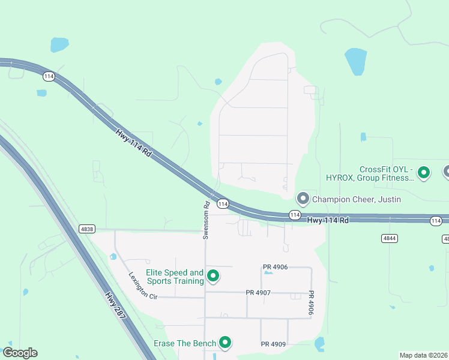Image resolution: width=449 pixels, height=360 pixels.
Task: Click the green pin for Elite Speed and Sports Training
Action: point(212,276)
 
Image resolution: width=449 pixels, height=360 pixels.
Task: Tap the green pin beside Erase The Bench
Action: point(226,343)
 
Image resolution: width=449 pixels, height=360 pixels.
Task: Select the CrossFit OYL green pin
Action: point(424,173)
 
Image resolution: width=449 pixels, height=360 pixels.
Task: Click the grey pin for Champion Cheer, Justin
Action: point(303,198)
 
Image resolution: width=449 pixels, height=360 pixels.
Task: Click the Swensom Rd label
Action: point(206,220)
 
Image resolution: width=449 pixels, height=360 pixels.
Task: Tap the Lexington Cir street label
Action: point(142,286)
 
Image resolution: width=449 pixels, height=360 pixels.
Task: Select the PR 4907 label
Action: point(258,293)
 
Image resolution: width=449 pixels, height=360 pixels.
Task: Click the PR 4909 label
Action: point(274,344)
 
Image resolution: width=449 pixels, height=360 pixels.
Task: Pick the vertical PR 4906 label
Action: point(311,303)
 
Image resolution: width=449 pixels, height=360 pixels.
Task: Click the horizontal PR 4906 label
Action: point(275,267)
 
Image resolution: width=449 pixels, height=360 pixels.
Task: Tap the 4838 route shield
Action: point(86,229)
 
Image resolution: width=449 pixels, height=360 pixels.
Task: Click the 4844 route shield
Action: point(389,238)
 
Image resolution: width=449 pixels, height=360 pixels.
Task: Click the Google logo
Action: point(20,353)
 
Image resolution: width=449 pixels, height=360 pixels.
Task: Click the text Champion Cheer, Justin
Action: point(357,199)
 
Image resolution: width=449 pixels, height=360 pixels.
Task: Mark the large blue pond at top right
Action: point(355,61)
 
